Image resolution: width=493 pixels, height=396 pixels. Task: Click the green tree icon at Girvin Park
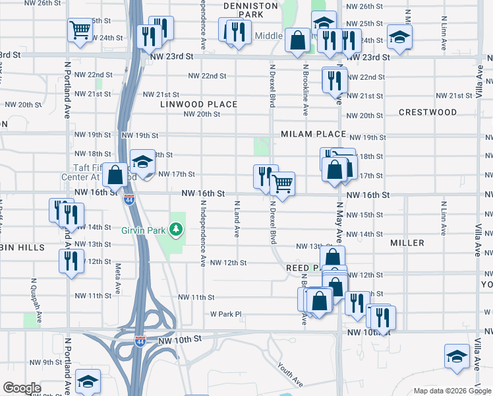(175, 230)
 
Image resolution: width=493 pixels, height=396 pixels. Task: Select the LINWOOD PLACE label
(198, 104)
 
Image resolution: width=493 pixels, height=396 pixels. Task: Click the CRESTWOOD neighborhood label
(427, 112)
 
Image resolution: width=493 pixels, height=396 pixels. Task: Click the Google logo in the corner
(21, 388)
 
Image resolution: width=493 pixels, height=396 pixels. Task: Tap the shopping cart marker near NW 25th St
(79, 29)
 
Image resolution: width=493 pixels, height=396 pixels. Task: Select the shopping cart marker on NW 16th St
(283, 183)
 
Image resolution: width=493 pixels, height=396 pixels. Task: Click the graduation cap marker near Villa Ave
(457, 356)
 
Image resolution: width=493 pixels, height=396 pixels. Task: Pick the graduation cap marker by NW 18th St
(142, 161)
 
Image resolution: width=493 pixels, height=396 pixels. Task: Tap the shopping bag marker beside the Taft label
(115, 175)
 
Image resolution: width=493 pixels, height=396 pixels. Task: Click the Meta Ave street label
(118, 279)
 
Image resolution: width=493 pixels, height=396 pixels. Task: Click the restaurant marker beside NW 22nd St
(335, 80)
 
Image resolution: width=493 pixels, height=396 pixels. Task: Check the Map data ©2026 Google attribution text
(451, 391)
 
